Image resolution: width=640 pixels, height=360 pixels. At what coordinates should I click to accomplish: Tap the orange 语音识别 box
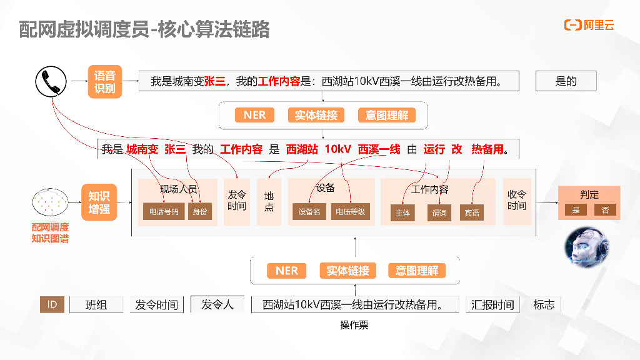click(104, 82)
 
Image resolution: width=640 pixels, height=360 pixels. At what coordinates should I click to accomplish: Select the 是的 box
click(566, 81)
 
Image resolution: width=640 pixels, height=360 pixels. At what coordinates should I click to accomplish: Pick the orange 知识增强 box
click(99, 202)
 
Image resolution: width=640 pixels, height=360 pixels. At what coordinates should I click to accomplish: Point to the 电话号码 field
click(164, 212)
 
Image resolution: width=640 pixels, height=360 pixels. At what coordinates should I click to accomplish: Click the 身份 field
click(200, 212)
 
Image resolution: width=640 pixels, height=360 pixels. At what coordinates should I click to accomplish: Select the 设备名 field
click(309, 212)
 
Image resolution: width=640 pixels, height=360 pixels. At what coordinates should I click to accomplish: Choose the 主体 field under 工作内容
click(403, 213)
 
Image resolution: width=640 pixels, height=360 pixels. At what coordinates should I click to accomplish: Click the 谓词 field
click(439, 213)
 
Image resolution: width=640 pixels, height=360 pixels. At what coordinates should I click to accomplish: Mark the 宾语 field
click(472, 213)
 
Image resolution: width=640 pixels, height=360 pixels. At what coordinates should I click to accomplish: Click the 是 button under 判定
click(576, 210)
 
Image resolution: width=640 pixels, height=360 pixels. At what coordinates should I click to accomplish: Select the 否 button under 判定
click(605, 210)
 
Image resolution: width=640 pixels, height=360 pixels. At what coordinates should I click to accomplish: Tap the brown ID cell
click(52, 304)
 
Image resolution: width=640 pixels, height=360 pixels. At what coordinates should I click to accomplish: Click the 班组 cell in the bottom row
click(96, 304)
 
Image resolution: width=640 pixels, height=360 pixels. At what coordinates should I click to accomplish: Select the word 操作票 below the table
click(354, 325)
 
